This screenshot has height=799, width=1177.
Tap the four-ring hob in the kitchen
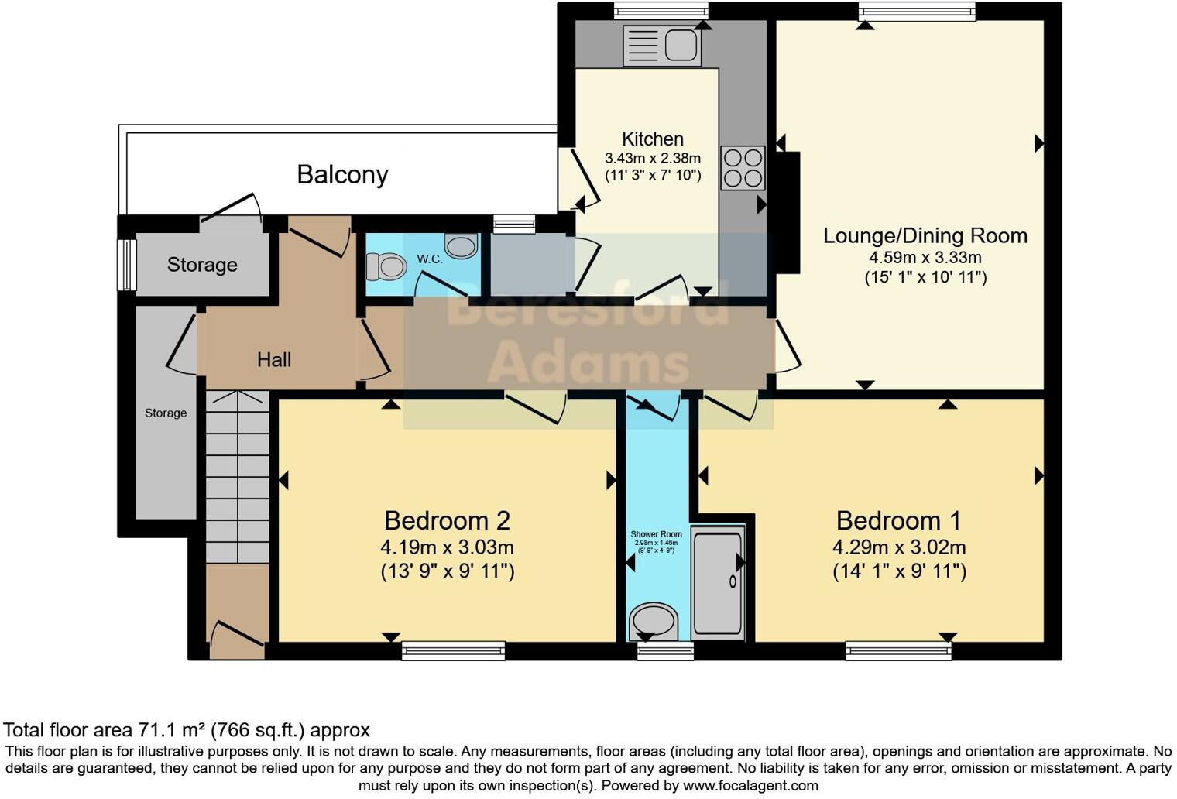743,168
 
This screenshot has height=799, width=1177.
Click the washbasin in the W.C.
462,246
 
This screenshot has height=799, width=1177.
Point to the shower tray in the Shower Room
718,581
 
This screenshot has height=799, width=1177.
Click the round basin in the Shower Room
654,622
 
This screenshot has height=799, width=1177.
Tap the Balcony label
342,174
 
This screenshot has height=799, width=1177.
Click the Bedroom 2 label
447,520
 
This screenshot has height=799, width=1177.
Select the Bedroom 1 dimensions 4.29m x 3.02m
898,547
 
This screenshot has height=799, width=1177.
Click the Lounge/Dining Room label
925,235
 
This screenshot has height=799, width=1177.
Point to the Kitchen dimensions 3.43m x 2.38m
652,158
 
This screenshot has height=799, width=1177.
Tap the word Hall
274,359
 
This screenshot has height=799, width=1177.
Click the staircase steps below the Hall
237,480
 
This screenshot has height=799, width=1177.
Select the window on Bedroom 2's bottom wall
453,651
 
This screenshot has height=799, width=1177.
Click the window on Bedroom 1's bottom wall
898,651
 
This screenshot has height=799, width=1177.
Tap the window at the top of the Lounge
916,11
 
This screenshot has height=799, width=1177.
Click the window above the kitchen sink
661,11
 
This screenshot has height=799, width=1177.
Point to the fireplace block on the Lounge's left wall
788,212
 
